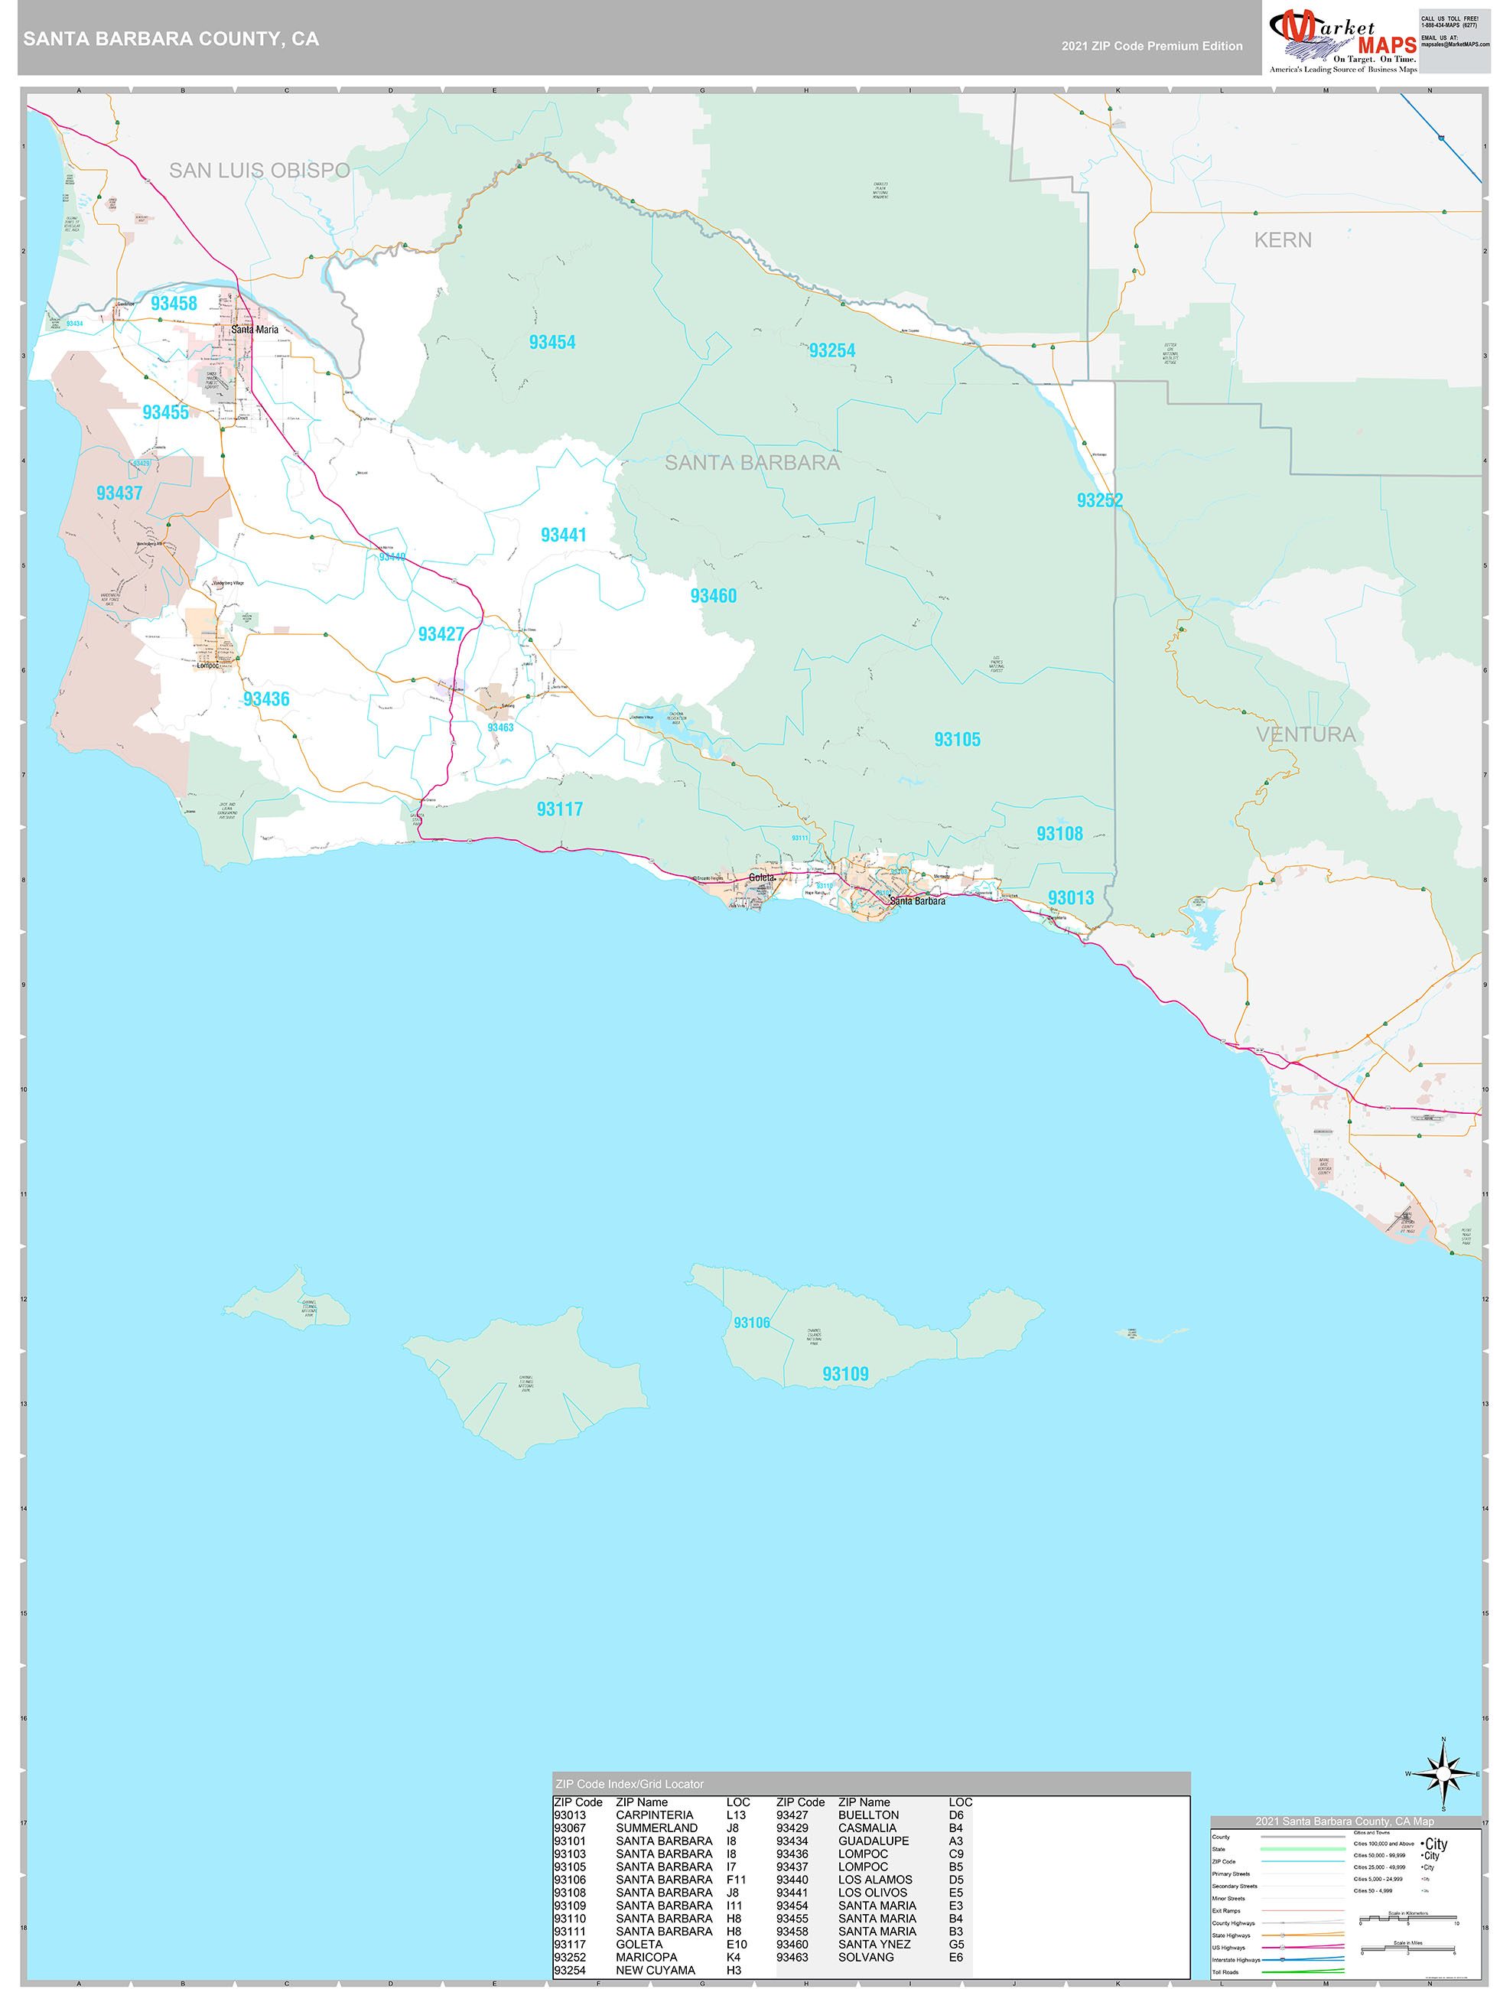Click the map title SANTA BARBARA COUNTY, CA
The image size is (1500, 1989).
point(171,39)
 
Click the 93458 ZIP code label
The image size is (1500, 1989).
point(174,303)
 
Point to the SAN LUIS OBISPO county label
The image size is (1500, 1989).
point(259,170)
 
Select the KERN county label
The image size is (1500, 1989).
point(1282,240)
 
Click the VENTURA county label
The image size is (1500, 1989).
point(1305,734)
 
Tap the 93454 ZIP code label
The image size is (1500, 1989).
point(552,342)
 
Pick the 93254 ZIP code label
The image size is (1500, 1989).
point(831,350)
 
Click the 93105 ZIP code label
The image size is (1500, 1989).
point(957,739)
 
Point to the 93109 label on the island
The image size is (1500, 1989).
point(845,1374)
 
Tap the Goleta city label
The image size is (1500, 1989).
point(761,877)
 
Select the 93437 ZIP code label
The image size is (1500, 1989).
point(119,493)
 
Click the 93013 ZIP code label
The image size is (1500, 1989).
point(1070,897)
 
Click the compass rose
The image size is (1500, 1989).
point(1443,1774)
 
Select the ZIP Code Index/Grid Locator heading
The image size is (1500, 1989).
point(630,1784)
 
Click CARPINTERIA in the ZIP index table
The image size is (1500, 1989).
point(654,1815)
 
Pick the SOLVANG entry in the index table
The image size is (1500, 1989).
point(865,1957)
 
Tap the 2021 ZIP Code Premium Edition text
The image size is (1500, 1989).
point(1151,46)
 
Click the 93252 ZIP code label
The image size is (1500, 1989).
point(1099,500)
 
